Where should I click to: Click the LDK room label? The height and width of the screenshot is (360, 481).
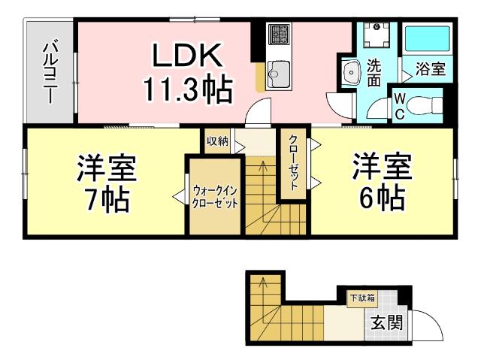[188, 56]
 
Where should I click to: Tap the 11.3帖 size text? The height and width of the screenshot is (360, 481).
[188, 90]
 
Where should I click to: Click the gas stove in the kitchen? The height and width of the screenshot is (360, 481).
[280, 35]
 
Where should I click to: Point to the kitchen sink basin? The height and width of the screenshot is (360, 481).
[280, 73]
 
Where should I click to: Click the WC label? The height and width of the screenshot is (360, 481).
[399, 105]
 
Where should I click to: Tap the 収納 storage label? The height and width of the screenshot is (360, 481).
[217, 141]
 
